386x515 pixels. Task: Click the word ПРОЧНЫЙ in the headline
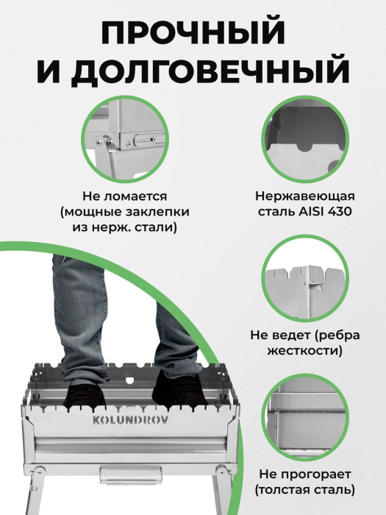[x=193, y=34]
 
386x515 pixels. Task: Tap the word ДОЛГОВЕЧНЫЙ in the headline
[x=210, y=71]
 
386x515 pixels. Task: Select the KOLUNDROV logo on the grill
[x=131, y=420]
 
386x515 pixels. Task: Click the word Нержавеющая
[x=305, y=196]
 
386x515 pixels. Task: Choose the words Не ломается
[x=125, y=196]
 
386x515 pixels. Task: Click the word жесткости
[x=305, y=350]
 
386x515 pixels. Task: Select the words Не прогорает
[x=305, y=475]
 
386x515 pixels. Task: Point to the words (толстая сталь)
[x=305, y=490]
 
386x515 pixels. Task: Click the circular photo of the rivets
[x=125, y=140]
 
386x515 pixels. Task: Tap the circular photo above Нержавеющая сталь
[x=305, y=140]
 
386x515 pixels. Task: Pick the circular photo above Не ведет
[x=305, y=279]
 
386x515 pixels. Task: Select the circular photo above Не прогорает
[x=305, y=418]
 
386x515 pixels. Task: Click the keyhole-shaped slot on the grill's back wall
[x=130, y=380]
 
